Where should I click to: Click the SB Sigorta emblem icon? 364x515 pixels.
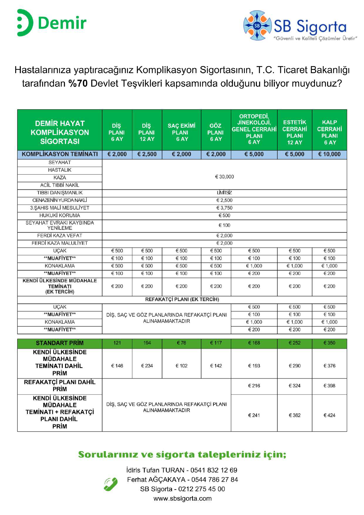(x=257, y=26)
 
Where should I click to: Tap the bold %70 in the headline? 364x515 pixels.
(x=78, y=84)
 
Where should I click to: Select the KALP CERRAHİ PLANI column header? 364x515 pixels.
(x=329, y=132)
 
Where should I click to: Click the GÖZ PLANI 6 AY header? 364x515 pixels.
(x=215, y=132)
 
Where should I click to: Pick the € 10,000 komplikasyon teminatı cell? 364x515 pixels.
(x=329, y=154)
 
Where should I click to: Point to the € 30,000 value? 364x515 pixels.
(x=224, y=177)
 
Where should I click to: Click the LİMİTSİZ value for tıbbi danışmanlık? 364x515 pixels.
(x=224, y=193)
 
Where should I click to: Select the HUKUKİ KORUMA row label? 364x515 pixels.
(x=60, y=216)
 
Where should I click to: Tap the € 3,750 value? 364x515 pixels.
(x=224, y=208)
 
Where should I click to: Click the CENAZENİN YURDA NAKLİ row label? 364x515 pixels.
(x=60, y=200)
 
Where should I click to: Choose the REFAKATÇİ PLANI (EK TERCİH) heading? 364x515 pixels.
(x=182, y=299)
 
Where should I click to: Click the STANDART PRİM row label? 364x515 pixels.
(x=60, y=343)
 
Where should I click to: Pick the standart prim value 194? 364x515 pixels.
(x=147, y=343)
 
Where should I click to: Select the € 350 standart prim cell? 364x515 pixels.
(x=329, y=343)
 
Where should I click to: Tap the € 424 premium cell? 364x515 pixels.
(x=329, y=415)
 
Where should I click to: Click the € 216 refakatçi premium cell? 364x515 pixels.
(x=254, y=386)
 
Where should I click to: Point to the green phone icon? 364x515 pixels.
(x=111, y=484)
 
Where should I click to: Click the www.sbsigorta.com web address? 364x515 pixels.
(x=182, y=499)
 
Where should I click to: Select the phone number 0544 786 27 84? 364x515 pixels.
(x=215, y=480)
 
